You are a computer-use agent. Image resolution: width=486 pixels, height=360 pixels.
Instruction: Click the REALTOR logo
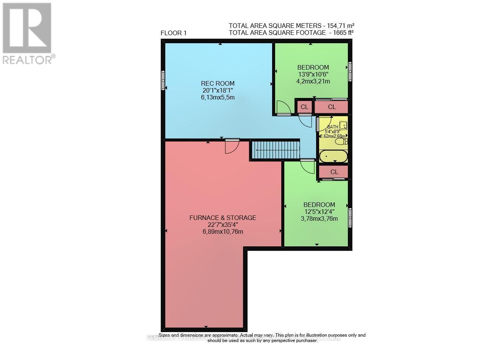tap(27, 33)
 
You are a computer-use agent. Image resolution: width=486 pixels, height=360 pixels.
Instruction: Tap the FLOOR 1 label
tap(173, 33)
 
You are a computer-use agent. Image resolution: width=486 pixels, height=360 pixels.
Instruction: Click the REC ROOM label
tap(218, 83)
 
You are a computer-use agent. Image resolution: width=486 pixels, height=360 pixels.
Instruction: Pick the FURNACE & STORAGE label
tap(223, 218)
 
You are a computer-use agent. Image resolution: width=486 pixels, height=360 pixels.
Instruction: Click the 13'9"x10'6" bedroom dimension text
tap(313, 74)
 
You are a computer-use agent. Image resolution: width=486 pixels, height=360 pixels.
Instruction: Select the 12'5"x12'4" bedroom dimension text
tap(319, 212)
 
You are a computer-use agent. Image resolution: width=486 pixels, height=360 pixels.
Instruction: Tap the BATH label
tap(333, 126)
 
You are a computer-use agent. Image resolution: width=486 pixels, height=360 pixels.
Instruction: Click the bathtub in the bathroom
tap(333, 156)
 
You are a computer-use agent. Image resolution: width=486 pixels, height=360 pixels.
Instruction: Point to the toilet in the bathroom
tap(341, 142)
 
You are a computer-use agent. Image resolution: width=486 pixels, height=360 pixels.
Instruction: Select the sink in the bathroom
tap(343, 125)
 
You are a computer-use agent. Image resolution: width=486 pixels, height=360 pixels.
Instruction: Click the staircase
tap(275, 150)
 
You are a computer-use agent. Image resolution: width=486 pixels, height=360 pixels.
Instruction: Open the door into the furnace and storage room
tap(232, 146)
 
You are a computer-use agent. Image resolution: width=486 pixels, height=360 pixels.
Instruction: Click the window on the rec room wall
tap(163, 80)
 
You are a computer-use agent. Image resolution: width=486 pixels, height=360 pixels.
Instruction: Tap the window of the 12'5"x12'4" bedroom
tap(350, 217)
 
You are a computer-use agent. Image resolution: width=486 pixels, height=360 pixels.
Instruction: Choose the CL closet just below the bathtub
tap(334, 172)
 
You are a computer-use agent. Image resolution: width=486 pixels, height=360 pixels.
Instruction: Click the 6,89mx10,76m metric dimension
tap(223, 231)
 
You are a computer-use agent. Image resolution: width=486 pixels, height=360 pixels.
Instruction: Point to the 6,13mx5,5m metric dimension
tap(218, 97)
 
